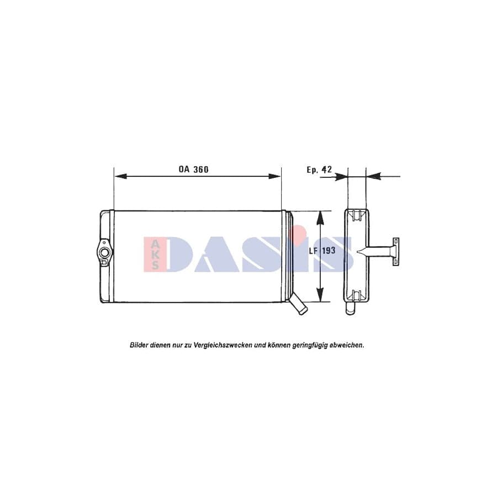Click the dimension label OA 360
193,170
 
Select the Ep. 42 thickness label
319,170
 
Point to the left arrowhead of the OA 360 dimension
119,176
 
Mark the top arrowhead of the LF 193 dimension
319,216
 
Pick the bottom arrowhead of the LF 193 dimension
319,297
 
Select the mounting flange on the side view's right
395,252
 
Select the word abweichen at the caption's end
346,345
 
